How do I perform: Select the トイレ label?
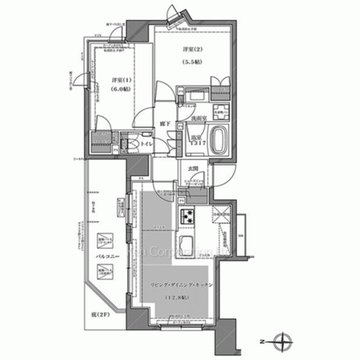coord(145,145)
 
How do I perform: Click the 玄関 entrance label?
coord(192,169)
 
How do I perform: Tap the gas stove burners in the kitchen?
coord(186,215)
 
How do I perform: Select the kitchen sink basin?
coord(186,244)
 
